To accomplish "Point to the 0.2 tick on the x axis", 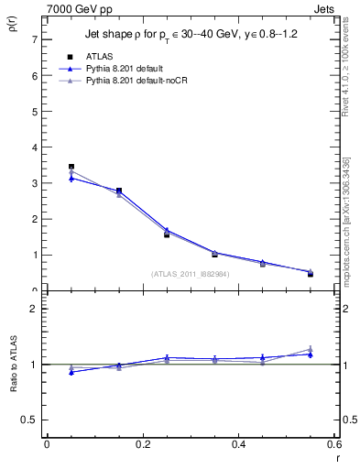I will click(142, 444).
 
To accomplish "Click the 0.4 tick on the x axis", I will click(238, 444).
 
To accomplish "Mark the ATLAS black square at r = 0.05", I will click(71, 167).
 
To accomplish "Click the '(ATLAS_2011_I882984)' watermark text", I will click(190, 273).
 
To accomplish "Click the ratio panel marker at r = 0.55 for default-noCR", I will click(311, 349).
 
